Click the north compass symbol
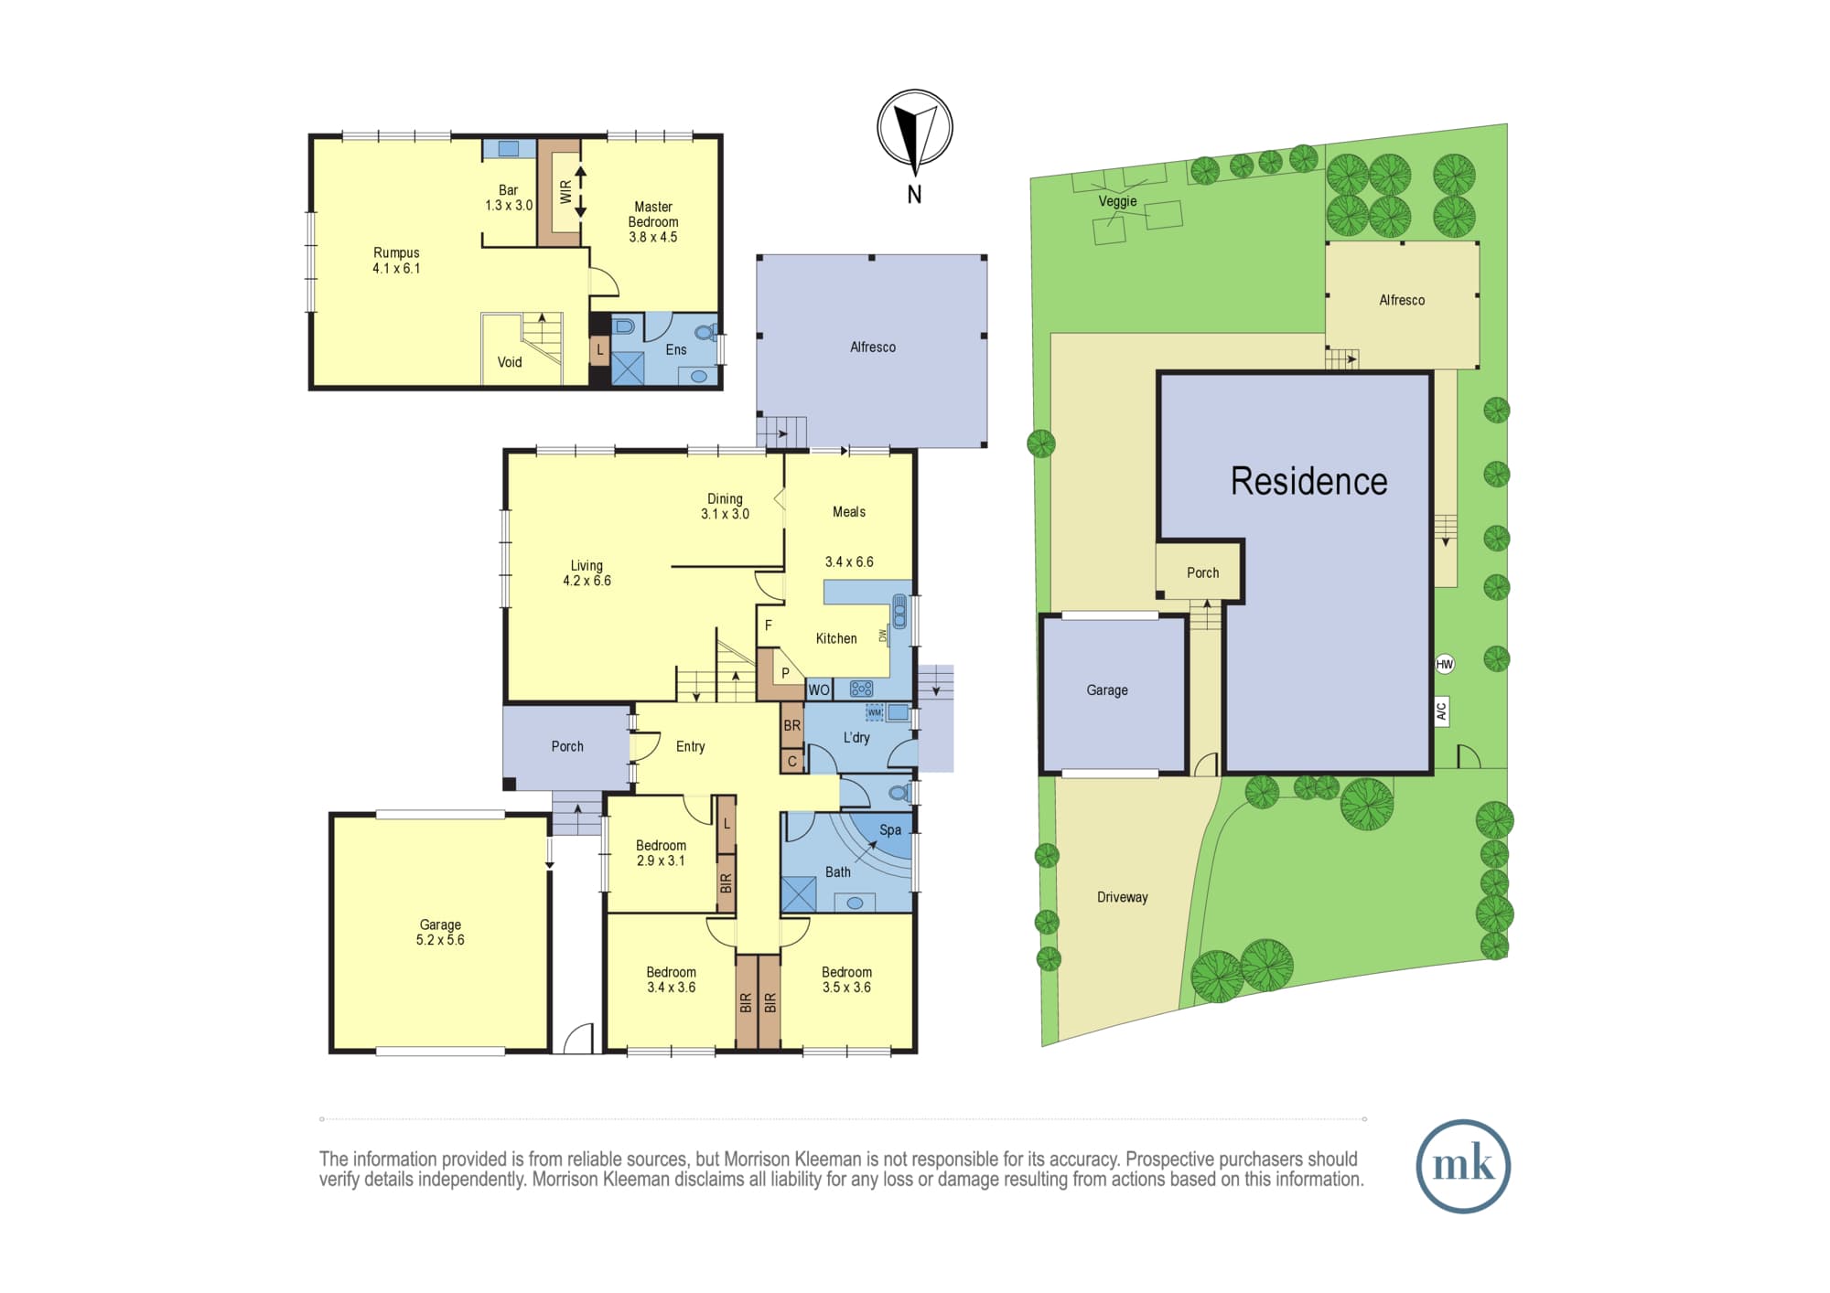pos(915,127)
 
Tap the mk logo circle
pos(1463,1166)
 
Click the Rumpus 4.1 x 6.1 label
pos(396,261)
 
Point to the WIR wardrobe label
pos(565,191)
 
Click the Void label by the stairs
pos(510,362)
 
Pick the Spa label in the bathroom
pos(890,829)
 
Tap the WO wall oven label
pos(819,690)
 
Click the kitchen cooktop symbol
pos(861,689)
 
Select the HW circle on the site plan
pos(1445,665)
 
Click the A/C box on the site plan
pos(1442,711)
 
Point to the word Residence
pos(1308,481)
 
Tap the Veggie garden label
pos(1117,201)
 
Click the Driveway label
pos(1123,897)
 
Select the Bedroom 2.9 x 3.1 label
pos(661,853)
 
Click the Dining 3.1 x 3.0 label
pos(725,507)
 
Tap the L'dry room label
pos(856,738)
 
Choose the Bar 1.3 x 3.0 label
pos(509,198)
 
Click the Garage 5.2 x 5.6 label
pos(440,932)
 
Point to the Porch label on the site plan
pos(1202,572)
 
